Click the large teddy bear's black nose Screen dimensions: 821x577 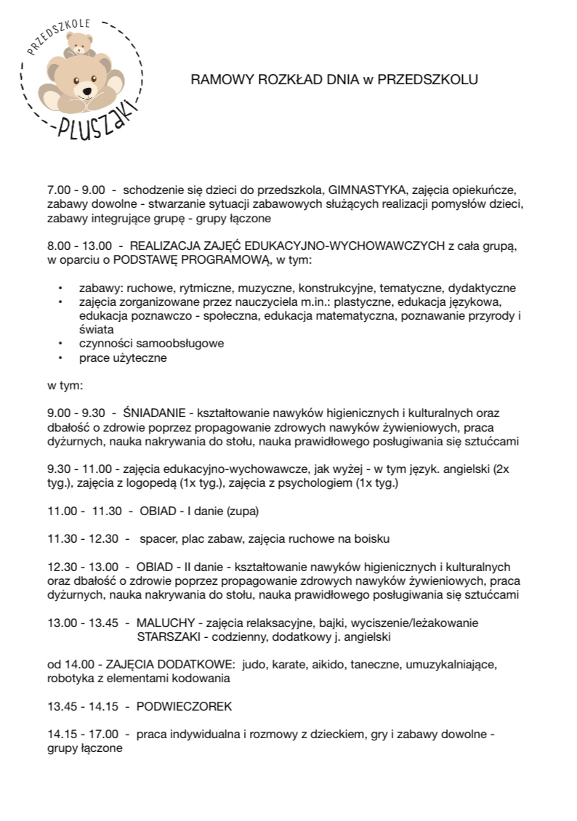pos(87,90)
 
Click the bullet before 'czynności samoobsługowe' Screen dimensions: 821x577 pos(61,343)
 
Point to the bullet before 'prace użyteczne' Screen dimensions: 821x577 pos(61,357)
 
